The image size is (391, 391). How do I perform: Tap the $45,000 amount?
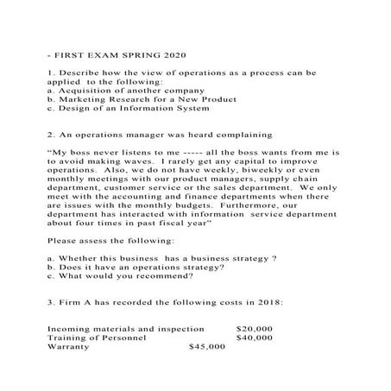pos(206,347)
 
